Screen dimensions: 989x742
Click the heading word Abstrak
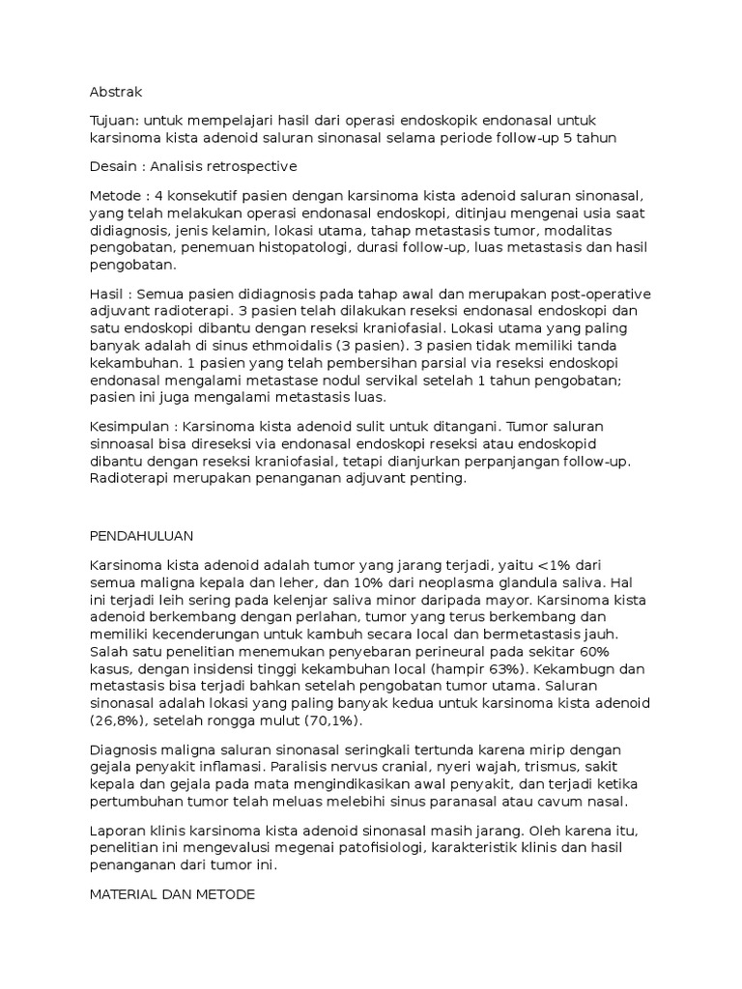pyautogui.click(x=115, y=93)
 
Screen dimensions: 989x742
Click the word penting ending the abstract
pyautogui.click(x=441, y=477)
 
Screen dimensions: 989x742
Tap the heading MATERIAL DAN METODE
pyautogui.click(x=171, y=894)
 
